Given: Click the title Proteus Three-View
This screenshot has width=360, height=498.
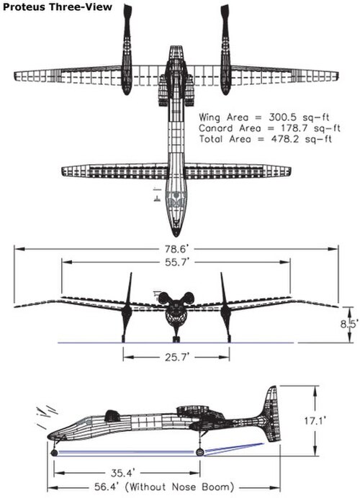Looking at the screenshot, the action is click(x=57, y=7).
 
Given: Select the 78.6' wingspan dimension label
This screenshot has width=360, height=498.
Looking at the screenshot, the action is click(x=177, y=249).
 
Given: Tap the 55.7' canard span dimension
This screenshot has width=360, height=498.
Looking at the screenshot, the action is click(x=177, y=263).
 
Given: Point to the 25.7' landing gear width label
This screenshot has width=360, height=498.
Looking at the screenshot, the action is click(x=177, y=357).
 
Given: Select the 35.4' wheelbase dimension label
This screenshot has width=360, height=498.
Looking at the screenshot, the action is click(x=123, y=473).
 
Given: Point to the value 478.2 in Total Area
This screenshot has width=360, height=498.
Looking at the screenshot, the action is click(x=285, y=139).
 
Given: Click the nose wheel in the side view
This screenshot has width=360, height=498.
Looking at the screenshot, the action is click(x=54, y=453).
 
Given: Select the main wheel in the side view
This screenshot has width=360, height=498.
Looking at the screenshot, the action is click(x=200, y=452).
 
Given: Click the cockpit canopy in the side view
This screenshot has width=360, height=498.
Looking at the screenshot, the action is click(x=112, y=415).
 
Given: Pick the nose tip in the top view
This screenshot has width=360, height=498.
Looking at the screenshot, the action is click(x=176, y=236).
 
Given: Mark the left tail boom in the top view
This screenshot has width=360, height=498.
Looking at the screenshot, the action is click(x=127, y=49).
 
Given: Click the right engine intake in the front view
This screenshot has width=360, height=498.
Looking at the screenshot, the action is click(x=189, y=298).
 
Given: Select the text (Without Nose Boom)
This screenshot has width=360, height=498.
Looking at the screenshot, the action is click(x=181, y=487).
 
